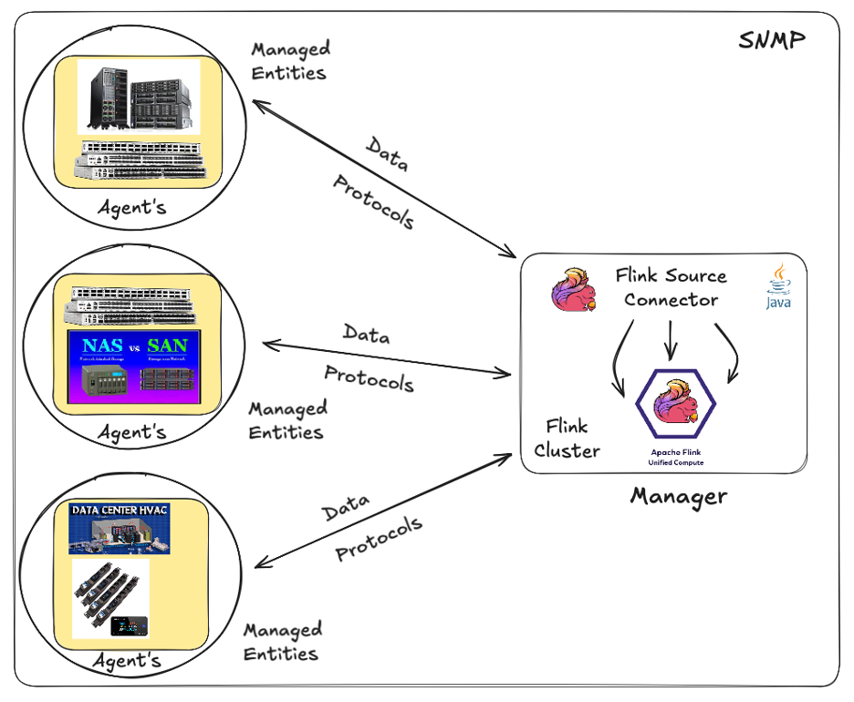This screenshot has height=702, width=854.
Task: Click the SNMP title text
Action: coord(772,42)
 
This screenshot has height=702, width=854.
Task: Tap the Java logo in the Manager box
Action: coord(778,287)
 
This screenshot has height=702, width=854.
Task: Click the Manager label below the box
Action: coord(678,497)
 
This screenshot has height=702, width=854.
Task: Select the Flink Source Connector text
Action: coord(671,287)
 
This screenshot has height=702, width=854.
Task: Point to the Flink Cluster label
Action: coord(567,439)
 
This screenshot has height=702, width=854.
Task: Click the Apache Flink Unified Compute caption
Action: coord(676,458)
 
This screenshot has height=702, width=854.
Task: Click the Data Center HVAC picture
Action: coord(120,527)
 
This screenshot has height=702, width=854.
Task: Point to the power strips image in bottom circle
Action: coord(110,598)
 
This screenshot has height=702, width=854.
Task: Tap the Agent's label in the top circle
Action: coord(132,208)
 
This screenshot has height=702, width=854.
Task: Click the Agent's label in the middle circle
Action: coord(132,431)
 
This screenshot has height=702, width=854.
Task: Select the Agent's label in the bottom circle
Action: coord(127,659)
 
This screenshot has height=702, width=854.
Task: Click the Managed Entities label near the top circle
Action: coord(289,60)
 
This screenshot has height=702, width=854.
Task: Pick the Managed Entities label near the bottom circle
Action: coord(282,642)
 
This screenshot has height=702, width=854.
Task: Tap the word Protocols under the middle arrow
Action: coord(370,377)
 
